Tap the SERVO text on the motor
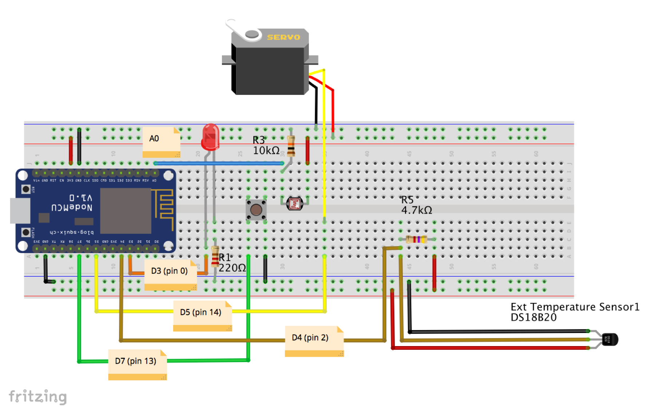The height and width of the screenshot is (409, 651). coord(283,37)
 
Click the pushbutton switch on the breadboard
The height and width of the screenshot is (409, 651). coord(256,210)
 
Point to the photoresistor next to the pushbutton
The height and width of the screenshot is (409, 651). coord(294,204)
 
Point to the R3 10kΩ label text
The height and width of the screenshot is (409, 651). coord(266,145)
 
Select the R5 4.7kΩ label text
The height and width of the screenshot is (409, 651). coord(416,205)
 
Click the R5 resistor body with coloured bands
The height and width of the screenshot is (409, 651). coord(416,239)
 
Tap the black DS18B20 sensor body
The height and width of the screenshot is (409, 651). coord(610,339)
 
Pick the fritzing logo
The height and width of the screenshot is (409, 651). coord(37,396)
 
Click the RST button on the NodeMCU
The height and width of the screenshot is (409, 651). coord(25,189)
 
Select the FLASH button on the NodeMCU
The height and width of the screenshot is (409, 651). coord(25,232)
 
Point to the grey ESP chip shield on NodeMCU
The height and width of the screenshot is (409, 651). coord(126,211)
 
